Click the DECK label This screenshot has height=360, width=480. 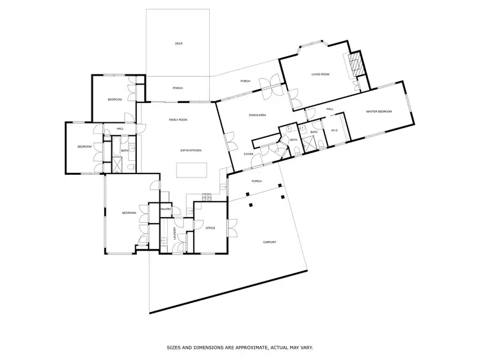[x=179, y=44]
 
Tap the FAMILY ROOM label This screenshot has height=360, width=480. [x=178, y=120]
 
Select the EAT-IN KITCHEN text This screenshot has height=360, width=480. [x=191, y=150]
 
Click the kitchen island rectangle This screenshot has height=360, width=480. [x=193, y=170]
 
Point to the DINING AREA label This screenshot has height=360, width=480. [x=257, y=115]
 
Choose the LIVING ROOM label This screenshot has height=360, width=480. [x=320, y=75]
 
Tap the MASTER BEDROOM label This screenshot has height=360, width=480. [x=379, y=111]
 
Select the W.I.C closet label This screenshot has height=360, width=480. [x=334, y=131]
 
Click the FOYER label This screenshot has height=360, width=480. [x=248, y=154]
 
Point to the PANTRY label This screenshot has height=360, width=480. [x=164, y=209]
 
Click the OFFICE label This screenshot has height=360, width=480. [x=210, y=228]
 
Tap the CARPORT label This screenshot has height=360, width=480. [x=269, y=242]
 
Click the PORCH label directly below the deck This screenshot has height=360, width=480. [x=178, y=88]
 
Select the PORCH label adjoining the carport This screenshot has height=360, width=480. [x=256, y=181]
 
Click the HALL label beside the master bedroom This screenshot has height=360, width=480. [x=330, y=110]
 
